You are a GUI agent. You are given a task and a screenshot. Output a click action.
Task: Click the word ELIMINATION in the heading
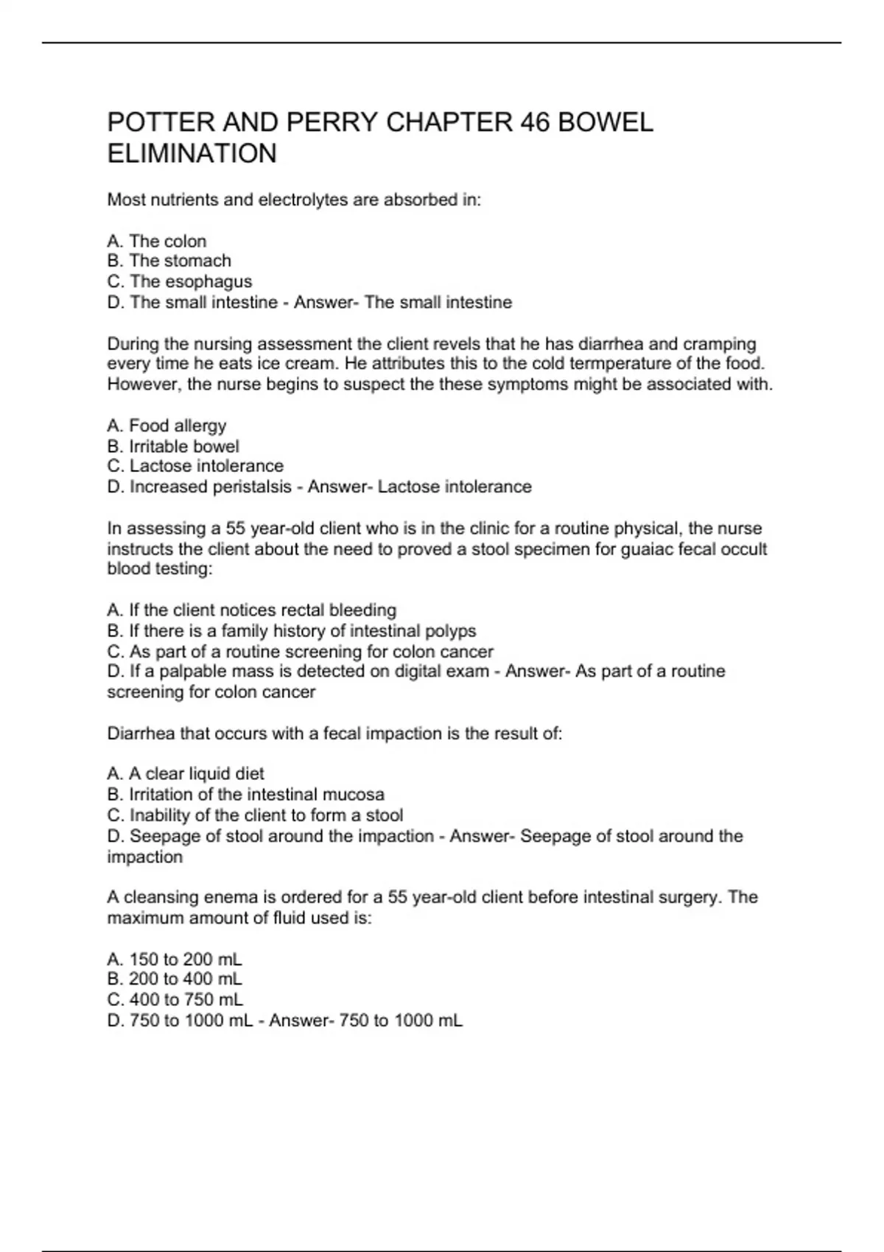[x=192, y=154]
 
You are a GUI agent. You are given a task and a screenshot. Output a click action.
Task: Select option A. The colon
[x=157, y=242]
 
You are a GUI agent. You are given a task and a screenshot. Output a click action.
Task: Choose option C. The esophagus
[x=180, y=281]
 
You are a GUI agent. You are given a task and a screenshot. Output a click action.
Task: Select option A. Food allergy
[x=166, y=426]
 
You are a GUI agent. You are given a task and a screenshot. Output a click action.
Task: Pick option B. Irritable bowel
[x=173, y=446]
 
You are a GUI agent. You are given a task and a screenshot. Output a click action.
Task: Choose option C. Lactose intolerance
[x=195, y=466]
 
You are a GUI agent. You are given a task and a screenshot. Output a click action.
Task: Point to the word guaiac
[x=652, y=549]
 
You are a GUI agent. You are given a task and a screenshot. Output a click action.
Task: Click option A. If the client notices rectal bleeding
[x=252, y=611]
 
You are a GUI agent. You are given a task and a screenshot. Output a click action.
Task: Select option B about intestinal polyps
[x=292, y=631]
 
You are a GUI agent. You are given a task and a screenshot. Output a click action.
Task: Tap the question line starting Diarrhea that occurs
[x=334, y=734]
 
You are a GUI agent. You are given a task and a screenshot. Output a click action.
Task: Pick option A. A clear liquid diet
[x=186, y=774]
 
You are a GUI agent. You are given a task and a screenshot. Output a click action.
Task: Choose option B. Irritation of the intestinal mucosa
[x=246, y=795]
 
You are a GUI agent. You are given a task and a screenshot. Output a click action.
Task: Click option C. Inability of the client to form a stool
[x=255, y=815]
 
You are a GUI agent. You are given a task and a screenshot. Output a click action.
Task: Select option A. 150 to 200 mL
[x=175, y=960]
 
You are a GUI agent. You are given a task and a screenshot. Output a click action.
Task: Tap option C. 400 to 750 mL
[x=175, y=1000]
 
